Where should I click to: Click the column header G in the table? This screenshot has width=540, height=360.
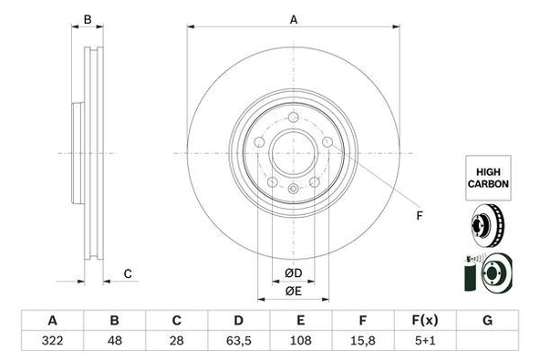click(x=487, y=321)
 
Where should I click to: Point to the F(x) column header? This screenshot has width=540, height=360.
click(x=425, y=321)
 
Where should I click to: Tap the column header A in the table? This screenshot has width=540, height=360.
click(x=53, y=321)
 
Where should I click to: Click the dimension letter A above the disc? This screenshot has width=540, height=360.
click(x=294, y=18)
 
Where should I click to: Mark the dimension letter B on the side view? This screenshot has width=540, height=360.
click(x=88, y=19)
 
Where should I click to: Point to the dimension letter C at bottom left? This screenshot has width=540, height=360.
click(x=129, y=273)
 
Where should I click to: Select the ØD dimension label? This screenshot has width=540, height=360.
click(x=293, y=273)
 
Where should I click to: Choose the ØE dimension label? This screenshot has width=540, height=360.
click(x=293, y=291)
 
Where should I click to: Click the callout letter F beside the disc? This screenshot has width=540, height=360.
click(x=420, y=215)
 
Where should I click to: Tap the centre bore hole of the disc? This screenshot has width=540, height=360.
click(x=293, y=151)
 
